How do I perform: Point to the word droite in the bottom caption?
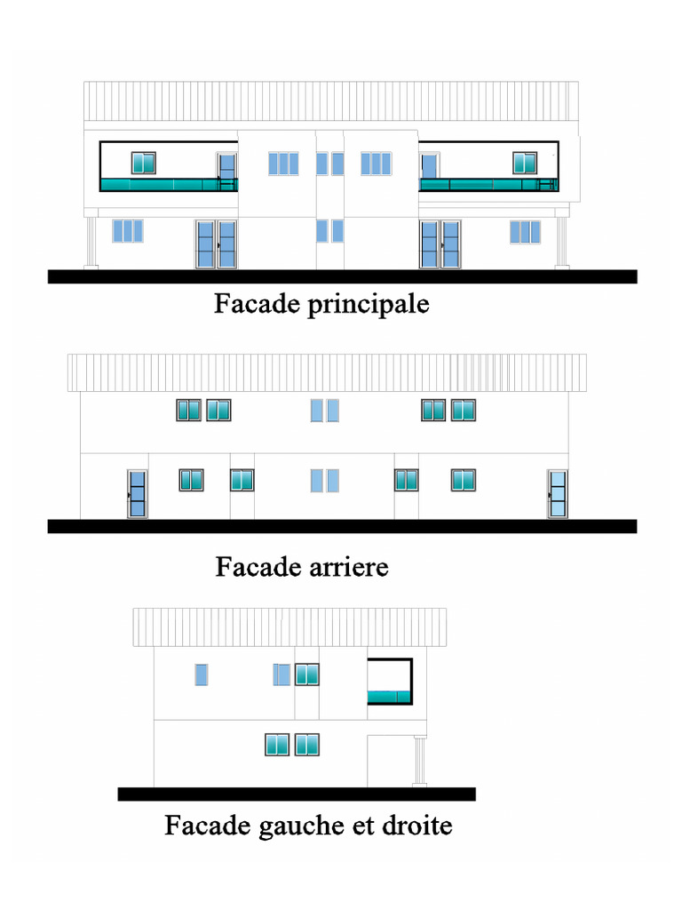click(x=416, y=826)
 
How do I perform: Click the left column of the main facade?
click(x=91, y=241)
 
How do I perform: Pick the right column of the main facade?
click(x=561, y=241)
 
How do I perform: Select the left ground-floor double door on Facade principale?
click(x=216, y=244)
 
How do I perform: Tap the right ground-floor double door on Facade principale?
click(x=440, y=244)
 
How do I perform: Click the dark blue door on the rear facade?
click(x=138, y=494)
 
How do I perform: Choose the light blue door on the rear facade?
click(x=557, y=494)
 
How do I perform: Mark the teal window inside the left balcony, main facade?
click(x=144, y=163)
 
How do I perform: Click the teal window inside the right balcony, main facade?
click(x=525, y=163)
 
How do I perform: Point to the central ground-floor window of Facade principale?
click(x=329, y=231)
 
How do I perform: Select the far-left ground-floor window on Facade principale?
click(x=127, y=231)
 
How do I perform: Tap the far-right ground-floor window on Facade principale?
click(x=525, y=232)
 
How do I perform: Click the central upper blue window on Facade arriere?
click(x=325, y=410)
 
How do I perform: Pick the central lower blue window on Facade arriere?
click(x=325, y=480)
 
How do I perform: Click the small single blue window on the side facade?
click(x=202, y=675)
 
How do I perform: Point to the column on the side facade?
click(x=420, y=761)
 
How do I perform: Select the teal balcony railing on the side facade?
click(x=390, y=696)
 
